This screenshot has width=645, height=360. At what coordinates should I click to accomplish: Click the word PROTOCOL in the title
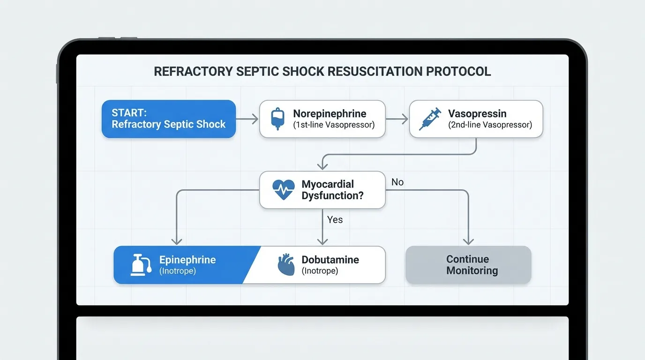[458, 71]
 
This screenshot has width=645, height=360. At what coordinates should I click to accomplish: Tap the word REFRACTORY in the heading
[193, 71]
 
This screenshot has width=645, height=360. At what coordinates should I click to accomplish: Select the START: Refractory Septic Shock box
[169, 119]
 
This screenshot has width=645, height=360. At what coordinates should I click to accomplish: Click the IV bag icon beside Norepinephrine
[277, 119]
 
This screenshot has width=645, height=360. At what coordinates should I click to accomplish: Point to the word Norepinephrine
[330, 113]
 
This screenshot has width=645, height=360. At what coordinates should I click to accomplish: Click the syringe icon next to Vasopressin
[430, 119]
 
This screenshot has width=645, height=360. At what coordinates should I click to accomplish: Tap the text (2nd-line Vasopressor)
[490, 125]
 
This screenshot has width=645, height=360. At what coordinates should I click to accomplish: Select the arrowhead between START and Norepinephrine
[255, 119]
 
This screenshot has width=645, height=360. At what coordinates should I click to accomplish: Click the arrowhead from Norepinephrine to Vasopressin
[405, 119]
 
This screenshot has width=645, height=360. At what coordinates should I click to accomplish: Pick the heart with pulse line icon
[283, 189]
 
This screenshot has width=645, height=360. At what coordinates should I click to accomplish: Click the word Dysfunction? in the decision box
[333, 195]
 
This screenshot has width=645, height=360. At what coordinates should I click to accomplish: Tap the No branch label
[397, 182]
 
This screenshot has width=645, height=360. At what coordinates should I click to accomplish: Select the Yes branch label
[335, 220]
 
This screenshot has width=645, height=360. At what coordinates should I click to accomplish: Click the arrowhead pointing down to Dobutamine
[322, 241]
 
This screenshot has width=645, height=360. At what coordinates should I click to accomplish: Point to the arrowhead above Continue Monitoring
[468, 241]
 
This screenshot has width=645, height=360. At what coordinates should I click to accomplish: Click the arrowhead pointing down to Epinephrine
[177, 241]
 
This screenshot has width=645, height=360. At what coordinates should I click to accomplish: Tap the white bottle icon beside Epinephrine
[141, 265]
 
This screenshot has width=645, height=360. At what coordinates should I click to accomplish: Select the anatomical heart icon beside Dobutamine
[286, 264]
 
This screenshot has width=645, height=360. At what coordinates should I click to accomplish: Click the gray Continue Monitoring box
[468, 265]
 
